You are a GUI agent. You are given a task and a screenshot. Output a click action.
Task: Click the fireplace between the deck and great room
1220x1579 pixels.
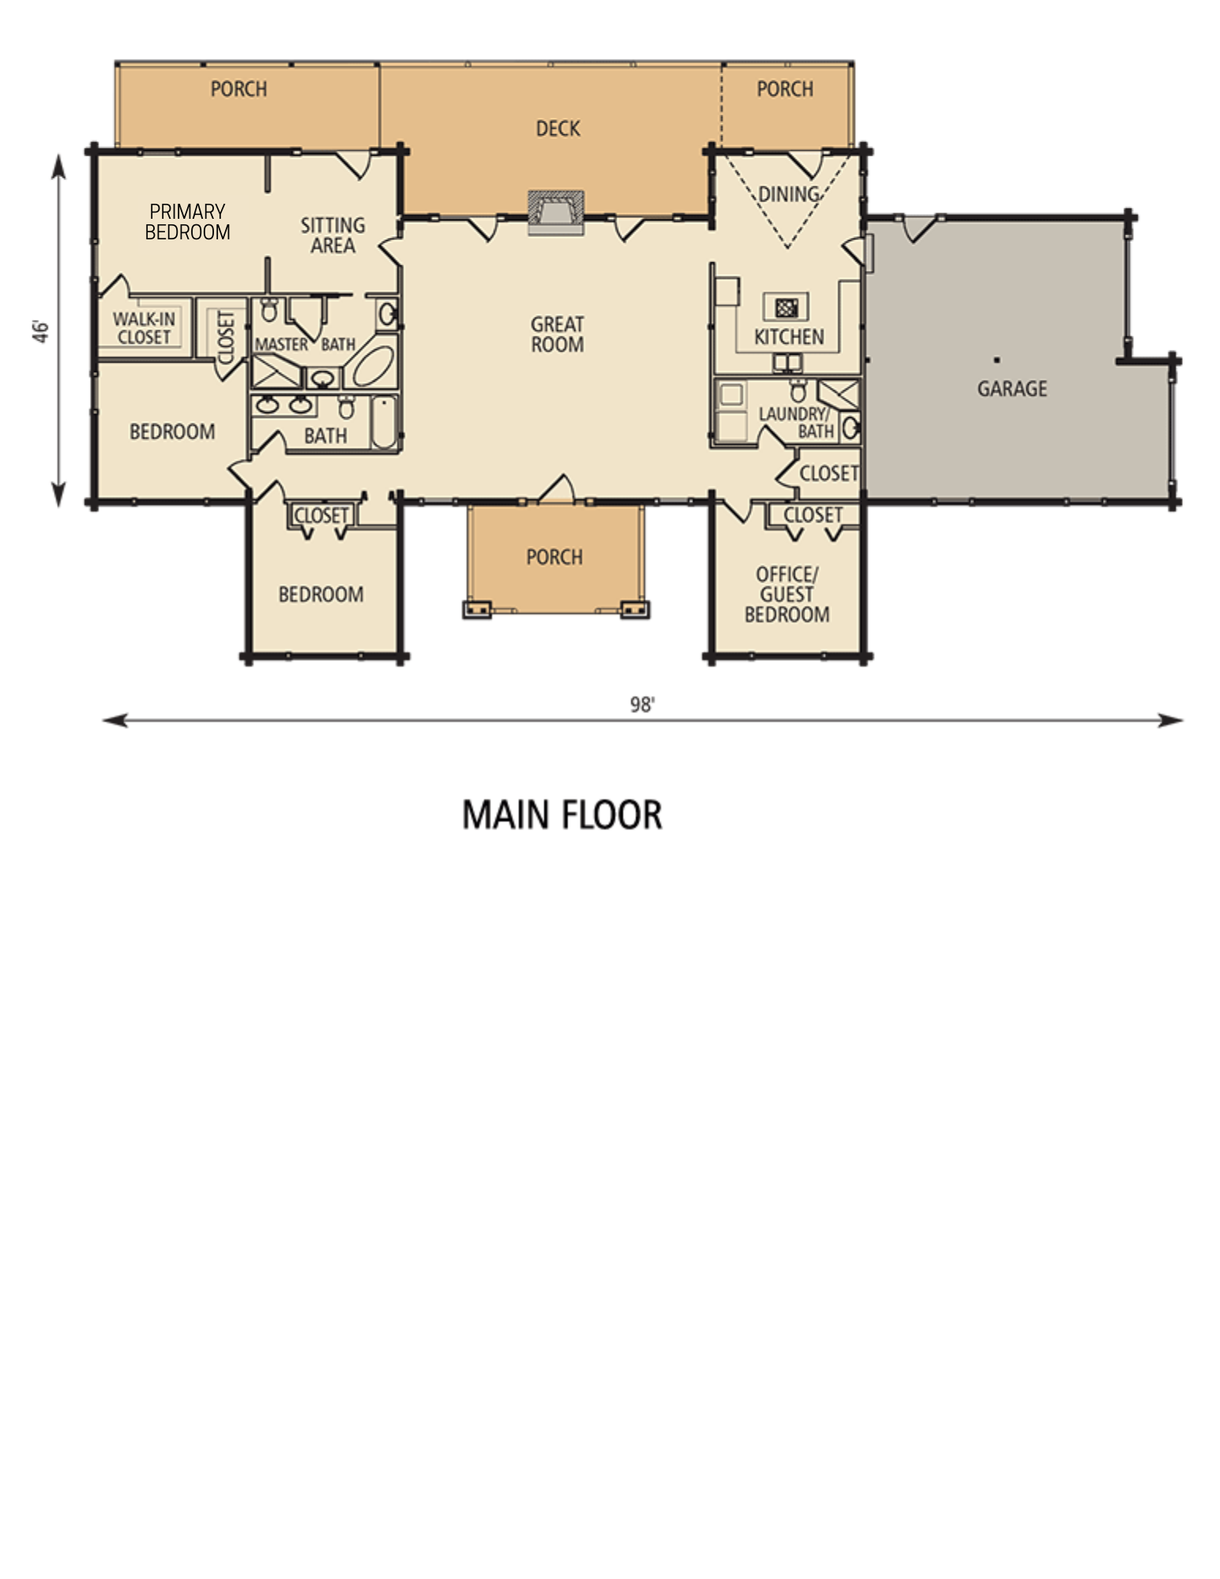[557, 212]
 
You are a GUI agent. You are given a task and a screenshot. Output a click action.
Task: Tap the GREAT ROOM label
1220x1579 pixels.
[557, 334]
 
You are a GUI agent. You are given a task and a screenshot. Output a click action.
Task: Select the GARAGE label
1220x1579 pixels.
[1012, 389]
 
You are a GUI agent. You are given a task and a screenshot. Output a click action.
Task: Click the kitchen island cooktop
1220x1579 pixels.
[785, 306]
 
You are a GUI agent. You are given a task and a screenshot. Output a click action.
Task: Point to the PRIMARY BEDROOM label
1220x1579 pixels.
[188, 222]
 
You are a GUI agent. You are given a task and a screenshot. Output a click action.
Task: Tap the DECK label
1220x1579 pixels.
[557, 128]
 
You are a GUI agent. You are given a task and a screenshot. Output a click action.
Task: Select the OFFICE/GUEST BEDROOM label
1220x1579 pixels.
[786, 594]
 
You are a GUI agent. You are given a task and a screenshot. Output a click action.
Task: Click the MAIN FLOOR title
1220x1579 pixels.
[561, 815]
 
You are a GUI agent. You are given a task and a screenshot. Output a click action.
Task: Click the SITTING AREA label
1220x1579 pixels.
[332, 235]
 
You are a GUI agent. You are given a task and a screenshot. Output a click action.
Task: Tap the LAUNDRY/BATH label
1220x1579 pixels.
[796, 423]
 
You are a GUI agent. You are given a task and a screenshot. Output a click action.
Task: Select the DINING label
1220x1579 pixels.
[788, 194]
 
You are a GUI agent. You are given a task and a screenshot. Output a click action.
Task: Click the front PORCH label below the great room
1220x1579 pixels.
[554, 557]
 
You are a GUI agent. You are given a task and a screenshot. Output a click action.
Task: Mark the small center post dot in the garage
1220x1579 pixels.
[997, 360]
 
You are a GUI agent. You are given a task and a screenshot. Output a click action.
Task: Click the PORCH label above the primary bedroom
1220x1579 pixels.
[238, 89]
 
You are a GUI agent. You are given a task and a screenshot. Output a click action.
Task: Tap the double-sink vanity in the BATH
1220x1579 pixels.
[283, 406]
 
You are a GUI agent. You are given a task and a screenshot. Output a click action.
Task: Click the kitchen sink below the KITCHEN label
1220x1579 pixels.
[788, 363]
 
